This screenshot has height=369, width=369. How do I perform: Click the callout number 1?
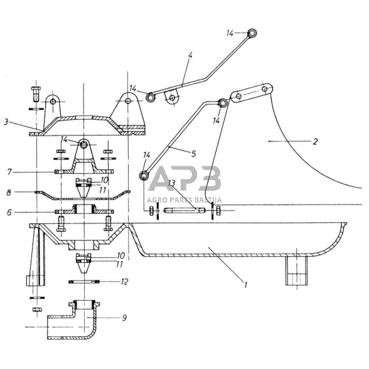point(246,285)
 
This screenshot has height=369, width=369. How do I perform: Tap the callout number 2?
point(315,141)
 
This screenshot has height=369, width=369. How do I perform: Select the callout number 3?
point(6,122)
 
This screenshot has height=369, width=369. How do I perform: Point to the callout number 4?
point(190,55)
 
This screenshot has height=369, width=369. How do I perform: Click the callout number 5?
point(193,154)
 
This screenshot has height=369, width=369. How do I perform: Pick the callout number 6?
point(9,213)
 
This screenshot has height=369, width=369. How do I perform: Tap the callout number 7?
point(9,172)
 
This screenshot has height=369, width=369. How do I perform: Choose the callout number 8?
point(9,193)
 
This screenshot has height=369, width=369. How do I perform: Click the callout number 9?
point(124,318)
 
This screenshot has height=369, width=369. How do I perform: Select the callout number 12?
point(124,281)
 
